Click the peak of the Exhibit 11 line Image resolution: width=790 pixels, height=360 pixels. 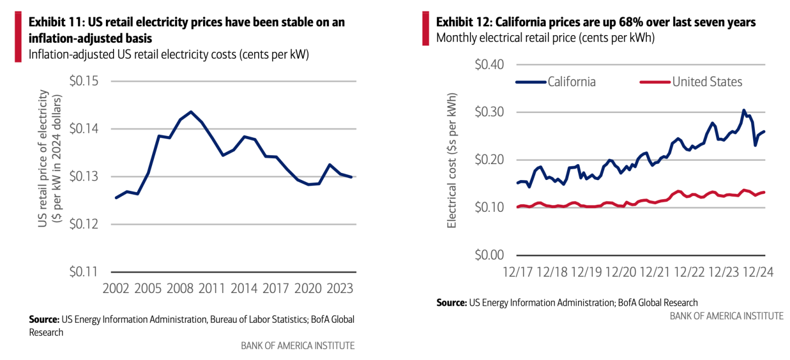click(191, 112)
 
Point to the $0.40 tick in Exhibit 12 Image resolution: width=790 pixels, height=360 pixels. click(490, 64)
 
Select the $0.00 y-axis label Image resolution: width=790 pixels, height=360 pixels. click(490, 255)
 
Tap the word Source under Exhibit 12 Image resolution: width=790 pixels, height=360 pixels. click(450, 302)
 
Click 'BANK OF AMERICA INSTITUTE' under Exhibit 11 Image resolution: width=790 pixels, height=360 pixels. click(298, 345)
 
